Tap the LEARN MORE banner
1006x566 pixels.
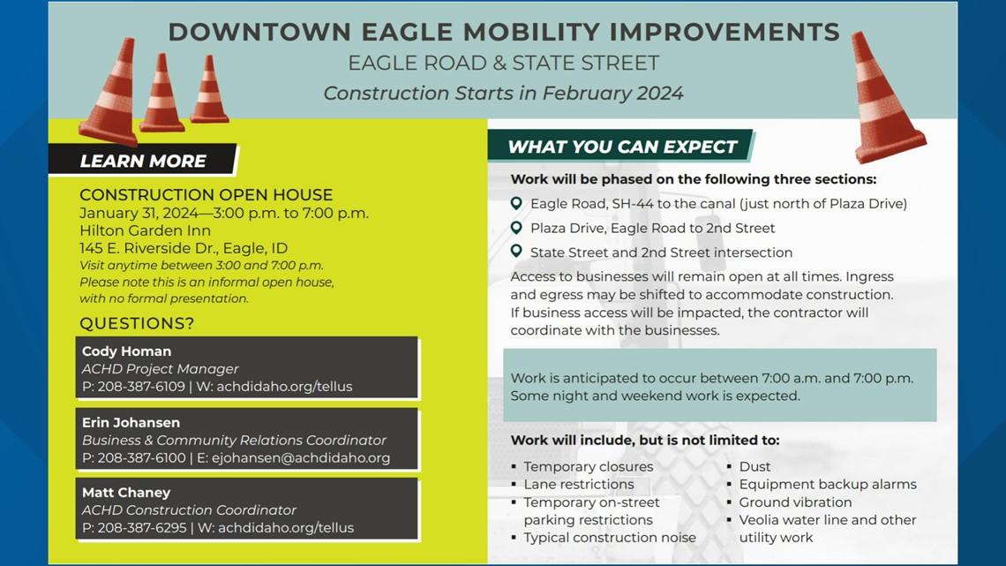[143, 161]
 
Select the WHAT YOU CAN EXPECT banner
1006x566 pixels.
[622, 147]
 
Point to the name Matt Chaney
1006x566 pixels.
[126, 493]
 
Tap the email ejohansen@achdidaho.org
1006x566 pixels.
[302, 457]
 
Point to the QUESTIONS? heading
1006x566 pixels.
[137, 323]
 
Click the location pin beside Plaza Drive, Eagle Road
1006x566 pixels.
[517, 228]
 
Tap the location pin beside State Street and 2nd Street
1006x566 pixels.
[517, 252]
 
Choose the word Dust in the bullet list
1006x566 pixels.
[754, 466]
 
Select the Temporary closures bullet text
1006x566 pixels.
[588, 466]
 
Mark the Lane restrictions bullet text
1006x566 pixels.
[578, 484]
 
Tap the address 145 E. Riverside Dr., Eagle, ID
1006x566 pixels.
[184, 248]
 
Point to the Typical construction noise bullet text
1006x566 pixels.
[609, 537]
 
